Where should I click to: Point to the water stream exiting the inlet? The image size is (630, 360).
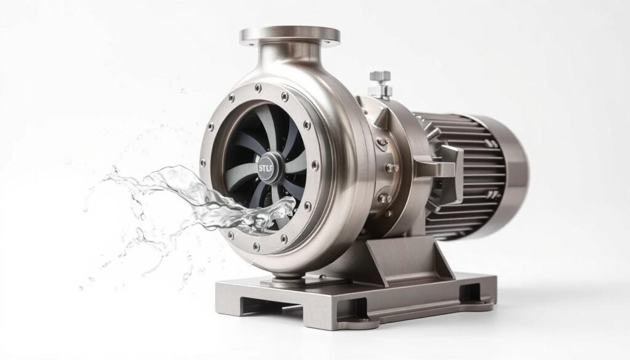click(203, 197)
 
